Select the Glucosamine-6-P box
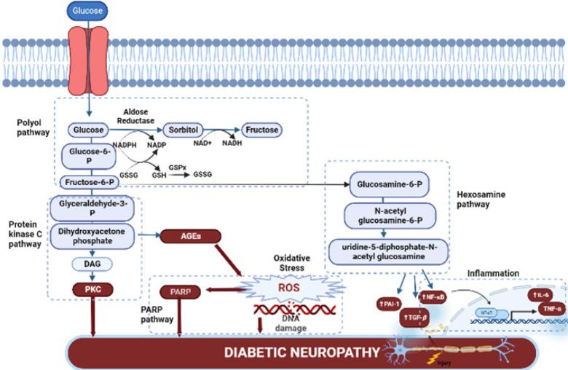point(386,184)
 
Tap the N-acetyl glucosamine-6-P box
point(386,216)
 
